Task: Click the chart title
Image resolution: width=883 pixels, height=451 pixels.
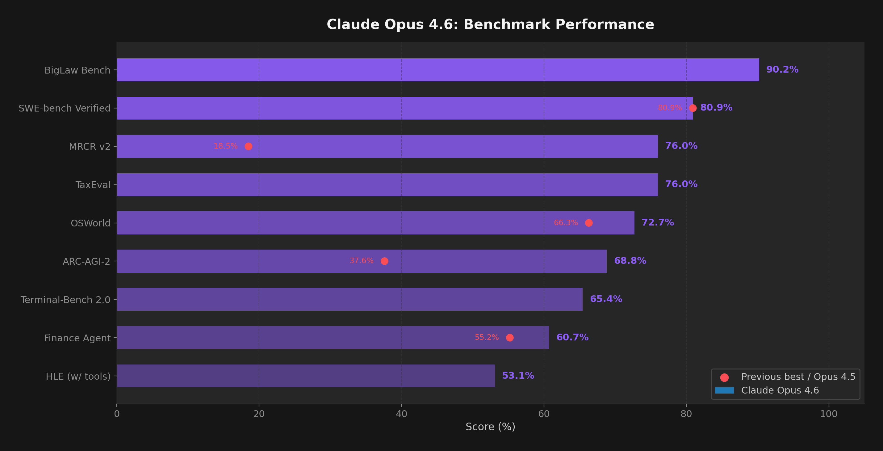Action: (490, 25)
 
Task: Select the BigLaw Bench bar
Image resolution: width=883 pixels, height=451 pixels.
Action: (438, 70)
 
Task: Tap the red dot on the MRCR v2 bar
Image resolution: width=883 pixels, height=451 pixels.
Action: (249, 146)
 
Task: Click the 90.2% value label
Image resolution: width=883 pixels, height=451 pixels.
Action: (782, 70)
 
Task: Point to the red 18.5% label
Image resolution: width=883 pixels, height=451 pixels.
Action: (226, 146)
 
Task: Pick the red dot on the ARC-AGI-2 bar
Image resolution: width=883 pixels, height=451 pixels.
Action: (385, 261)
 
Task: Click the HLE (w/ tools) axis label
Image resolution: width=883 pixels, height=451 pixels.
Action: (78, 377)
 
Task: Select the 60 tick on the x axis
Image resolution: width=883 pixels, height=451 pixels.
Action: (544, 414)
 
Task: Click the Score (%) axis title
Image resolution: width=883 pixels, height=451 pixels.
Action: (490, 427)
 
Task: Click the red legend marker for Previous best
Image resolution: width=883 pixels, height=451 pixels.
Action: (724, 377)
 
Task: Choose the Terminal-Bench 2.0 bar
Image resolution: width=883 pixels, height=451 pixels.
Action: (349, 299)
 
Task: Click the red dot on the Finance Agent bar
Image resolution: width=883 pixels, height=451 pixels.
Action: (510, 338)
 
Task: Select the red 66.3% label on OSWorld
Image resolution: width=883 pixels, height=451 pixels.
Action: (566, 223)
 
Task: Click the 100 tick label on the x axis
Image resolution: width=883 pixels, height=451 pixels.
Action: (828, 414)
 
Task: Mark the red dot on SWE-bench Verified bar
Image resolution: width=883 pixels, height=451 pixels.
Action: (693, 108)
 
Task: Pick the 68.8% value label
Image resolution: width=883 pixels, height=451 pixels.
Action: (630, 261)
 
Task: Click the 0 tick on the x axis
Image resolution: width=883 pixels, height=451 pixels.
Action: (117, 414)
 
